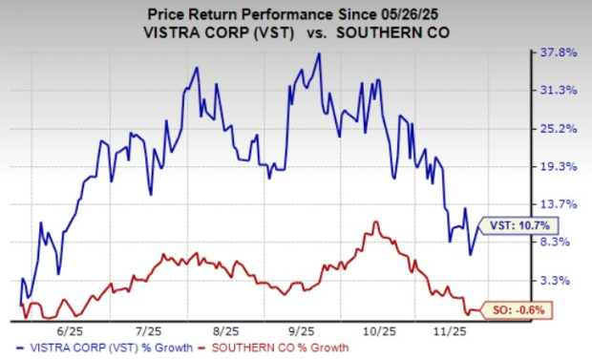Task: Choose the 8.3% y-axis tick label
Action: [557, 243]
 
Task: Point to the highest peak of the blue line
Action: [319, 54]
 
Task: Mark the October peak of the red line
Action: [376, 222]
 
